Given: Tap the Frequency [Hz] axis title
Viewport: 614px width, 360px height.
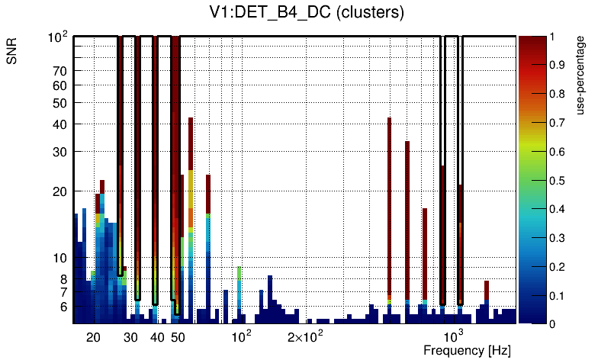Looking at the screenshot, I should pos(467,350).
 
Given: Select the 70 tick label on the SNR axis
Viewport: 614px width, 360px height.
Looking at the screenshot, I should pos(60,72).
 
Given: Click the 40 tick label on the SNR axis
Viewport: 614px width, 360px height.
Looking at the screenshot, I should pos(60,124).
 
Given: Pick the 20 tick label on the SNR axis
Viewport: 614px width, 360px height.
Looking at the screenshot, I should pos(60,191).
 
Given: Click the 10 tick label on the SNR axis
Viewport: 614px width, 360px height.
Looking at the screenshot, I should pos(60,259).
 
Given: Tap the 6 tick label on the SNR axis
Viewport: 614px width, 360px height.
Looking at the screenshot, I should pos(63,307).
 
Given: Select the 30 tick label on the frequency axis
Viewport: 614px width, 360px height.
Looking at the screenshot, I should pos(130,337).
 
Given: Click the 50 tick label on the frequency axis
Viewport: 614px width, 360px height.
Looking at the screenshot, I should pos(178,337).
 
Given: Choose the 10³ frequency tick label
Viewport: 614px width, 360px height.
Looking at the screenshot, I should pos(455,336).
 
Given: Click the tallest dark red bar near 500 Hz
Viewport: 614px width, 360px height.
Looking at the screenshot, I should pos(389,206).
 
